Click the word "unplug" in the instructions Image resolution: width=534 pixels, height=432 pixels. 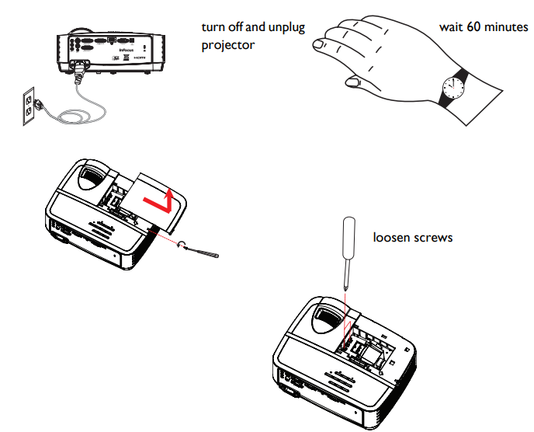[x=286, y=28]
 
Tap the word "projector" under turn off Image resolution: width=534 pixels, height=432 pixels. [x=227, y=45]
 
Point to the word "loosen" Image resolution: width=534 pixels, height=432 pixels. [x=392, y=237]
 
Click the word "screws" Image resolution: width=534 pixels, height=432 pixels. [x=434, y=237]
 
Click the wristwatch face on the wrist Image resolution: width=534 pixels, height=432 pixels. [x=449, y=87]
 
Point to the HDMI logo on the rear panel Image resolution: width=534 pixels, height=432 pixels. [x=141, y=58]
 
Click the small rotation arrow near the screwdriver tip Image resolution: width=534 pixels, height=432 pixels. [x=183, y=244]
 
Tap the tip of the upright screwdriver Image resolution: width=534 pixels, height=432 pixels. [x=345, y=287]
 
